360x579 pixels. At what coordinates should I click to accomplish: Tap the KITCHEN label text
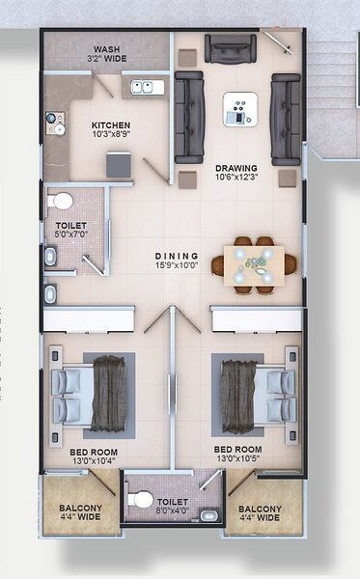tap(111, 125)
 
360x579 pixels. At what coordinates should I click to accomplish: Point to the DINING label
tap(177, 257)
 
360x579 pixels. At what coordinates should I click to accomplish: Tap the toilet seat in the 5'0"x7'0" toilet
tap(62, 201)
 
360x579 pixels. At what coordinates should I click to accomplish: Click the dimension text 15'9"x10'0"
tap(177, 267)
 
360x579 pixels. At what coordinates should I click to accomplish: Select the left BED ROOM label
tap(93, 451)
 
